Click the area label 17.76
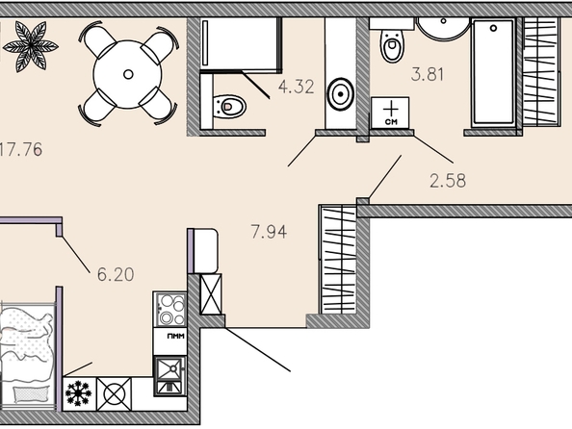point(21,149)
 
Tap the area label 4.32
point(296,88)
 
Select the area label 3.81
point(428,74)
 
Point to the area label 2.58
point(448,181)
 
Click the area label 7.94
point(269,232)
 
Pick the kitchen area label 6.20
point(116,274)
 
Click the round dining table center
point(128,74)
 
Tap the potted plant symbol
point(31,46)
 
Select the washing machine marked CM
point(390,113)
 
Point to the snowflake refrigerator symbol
point(79,394)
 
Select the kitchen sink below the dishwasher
point(169,376)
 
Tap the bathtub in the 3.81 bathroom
point(493,73)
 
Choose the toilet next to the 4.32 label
point(229,107)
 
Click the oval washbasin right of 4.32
point(340,94)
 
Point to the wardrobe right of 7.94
point(338,259)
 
